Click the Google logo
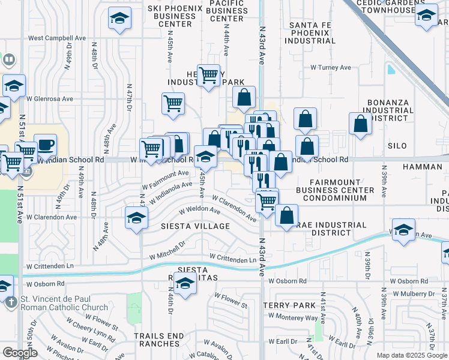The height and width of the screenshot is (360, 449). (x=19, y=353)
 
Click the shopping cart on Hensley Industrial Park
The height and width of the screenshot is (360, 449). (x=208, y=76)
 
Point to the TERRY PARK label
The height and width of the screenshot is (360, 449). (x=285, y=305)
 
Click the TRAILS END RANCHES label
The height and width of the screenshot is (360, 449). (x=157, y=340)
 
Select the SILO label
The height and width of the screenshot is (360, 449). (x=397, y=146)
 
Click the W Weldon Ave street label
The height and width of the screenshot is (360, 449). (x=200, y=210)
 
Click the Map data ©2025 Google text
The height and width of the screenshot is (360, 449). (x=412, y=355)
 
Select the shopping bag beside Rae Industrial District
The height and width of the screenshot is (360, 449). (x=288, y=215)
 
